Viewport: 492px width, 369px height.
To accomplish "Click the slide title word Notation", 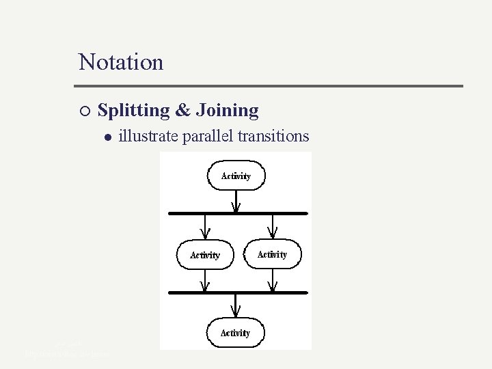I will coord(121,62).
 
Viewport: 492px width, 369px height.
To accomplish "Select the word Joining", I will coord(227,110).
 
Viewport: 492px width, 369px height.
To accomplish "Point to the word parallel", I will coord(207,137).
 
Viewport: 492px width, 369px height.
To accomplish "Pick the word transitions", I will coord(273,137).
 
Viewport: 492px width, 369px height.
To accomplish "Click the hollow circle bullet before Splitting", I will coord(83,111).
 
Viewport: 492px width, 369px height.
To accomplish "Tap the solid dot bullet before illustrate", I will coord(107,137).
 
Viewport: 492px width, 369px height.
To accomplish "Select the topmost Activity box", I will coord(236,176).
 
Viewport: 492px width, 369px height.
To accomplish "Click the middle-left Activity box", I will coord(205,255).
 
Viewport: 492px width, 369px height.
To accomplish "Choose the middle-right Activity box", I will coord(272,254).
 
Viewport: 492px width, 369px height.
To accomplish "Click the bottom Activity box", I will coord(235,333).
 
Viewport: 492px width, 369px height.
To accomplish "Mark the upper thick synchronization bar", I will coord(238,213).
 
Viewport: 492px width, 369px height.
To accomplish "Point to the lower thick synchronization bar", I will coord(238,292).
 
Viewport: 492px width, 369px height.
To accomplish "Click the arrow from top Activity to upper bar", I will coord(236,200).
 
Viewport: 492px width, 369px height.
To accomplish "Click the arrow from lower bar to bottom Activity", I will coord(236,305).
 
